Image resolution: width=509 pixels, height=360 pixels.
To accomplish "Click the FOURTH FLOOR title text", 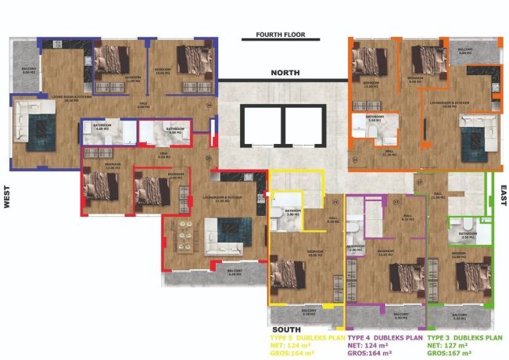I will click(x=280, y=35).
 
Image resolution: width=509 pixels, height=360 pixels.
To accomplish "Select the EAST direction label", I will click(x=502, y=195).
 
